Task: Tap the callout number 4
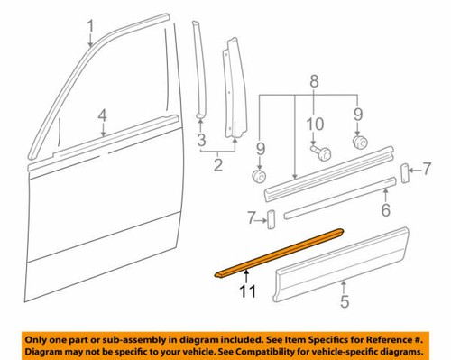(103, 115)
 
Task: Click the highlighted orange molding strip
(280, 252)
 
